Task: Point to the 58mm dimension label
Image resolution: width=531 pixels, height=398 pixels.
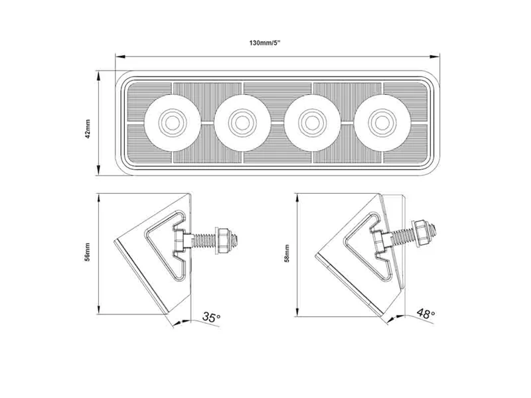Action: [287, 254]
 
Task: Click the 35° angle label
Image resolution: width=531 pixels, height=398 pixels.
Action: [211, 318]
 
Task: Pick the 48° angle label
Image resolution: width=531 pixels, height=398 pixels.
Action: [425, 313]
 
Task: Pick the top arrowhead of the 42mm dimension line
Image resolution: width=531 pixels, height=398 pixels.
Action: [99, 74]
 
